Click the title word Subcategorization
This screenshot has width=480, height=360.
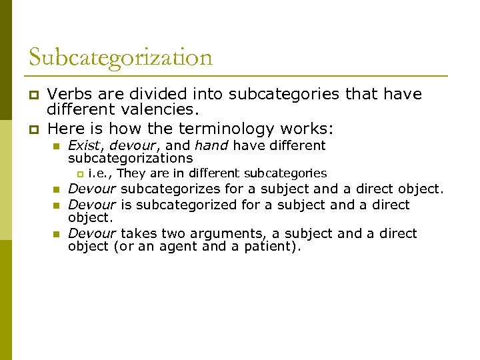click(x=120, y=57)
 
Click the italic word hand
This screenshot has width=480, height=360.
click(x=212, y=145)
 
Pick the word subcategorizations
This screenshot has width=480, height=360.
click(x=130, y=159)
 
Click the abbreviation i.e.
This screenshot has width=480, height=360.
click(x=100, y=174)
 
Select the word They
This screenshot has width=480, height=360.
click(x=131, y=174)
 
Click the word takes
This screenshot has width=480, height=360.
click(x=137, y=233)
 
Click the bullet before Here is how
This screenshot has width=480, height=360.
click(x=31, y=129)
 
